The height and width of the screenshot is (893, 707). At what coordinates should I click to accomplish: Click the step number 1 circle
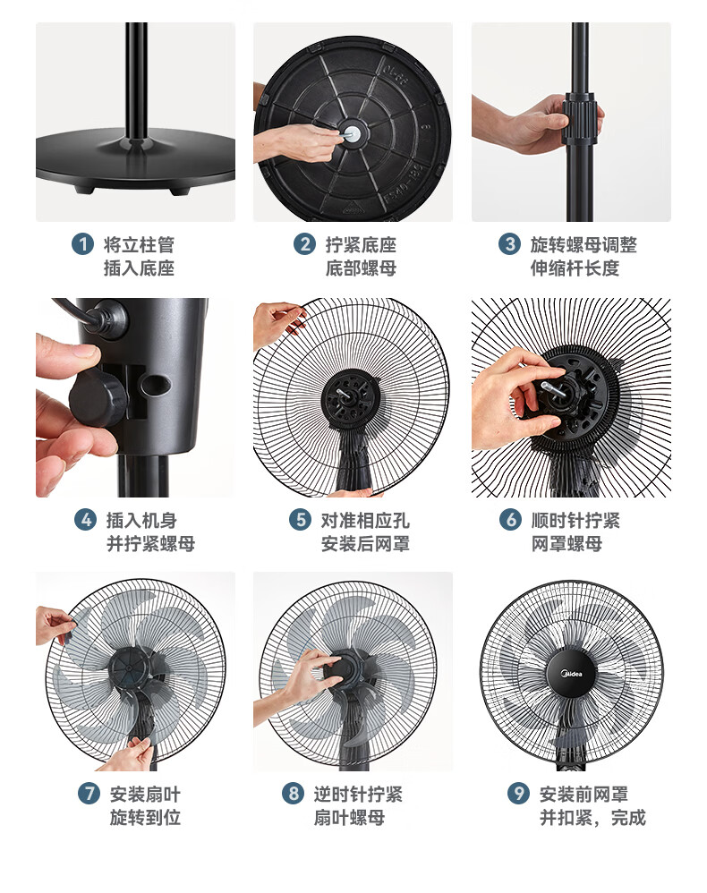pyautogui.click(x=82, y=244)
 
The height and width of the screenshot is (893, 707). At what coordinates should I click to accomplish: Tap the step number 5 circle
pyautogui.click(x=300, y=519)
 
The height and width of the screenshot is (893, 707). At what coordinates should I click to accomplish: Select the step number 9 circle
pyautogui.click(x=518, y=793)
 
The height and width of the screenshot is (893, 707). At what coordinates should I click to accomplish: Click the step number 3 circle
pyautogui.click(x=509, y=244)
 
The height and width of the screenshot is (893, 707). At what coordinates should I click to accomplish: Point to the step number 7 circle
pyautogui.click(x=89, y=793)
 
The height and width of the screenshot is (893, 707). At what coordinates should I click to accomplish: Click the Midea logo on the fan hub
pyautogui.click(x=572, y=675)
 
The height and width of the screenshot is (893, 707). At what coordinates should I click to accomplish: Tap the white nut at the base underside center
pyautogui.click(x=353, y=134)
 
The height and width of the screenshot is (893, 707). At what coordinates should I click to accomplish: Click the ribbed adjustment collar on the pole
pyautogui.click(x=582, y=118)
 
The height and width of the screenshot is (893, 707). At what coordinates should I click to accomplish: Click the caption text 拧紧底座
pyautogui.click(x=361, y=245)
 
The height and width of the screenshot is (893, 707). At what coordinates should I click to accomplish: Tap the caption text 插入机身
pyautogui.click(x=142, y=520)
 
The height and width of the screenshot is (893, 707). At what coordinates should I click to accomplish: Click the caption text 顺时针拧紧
pyautogui.click(x=575, y=520)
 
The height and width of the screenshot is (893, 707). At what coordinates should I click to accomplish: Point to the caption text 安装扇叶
pyautogui.click(x=145, y=794)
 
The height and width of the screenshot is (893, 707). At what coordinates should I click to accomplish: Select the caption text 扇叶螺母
pyautogui.click(x=349, y=817)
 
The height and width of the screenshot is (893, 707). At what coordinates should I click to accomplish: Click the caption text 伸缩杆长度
pyautogui.click(x=575, y=268)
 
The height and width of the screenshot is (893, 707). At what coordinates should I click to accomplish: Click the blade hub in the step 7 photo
pyautogui.click(x=129, y=668)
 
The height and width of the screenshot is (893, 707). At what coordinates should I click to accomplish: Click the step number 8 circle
pyautogui.click(x=293, y=793)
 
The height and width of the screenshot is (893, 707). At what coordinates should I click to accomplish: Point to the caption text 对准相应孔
pyautogui.click(x=365, y=520)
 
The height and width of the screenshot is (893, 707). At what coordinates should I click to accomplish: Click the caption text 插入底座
pyautogui.click(x=139, y=268)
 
